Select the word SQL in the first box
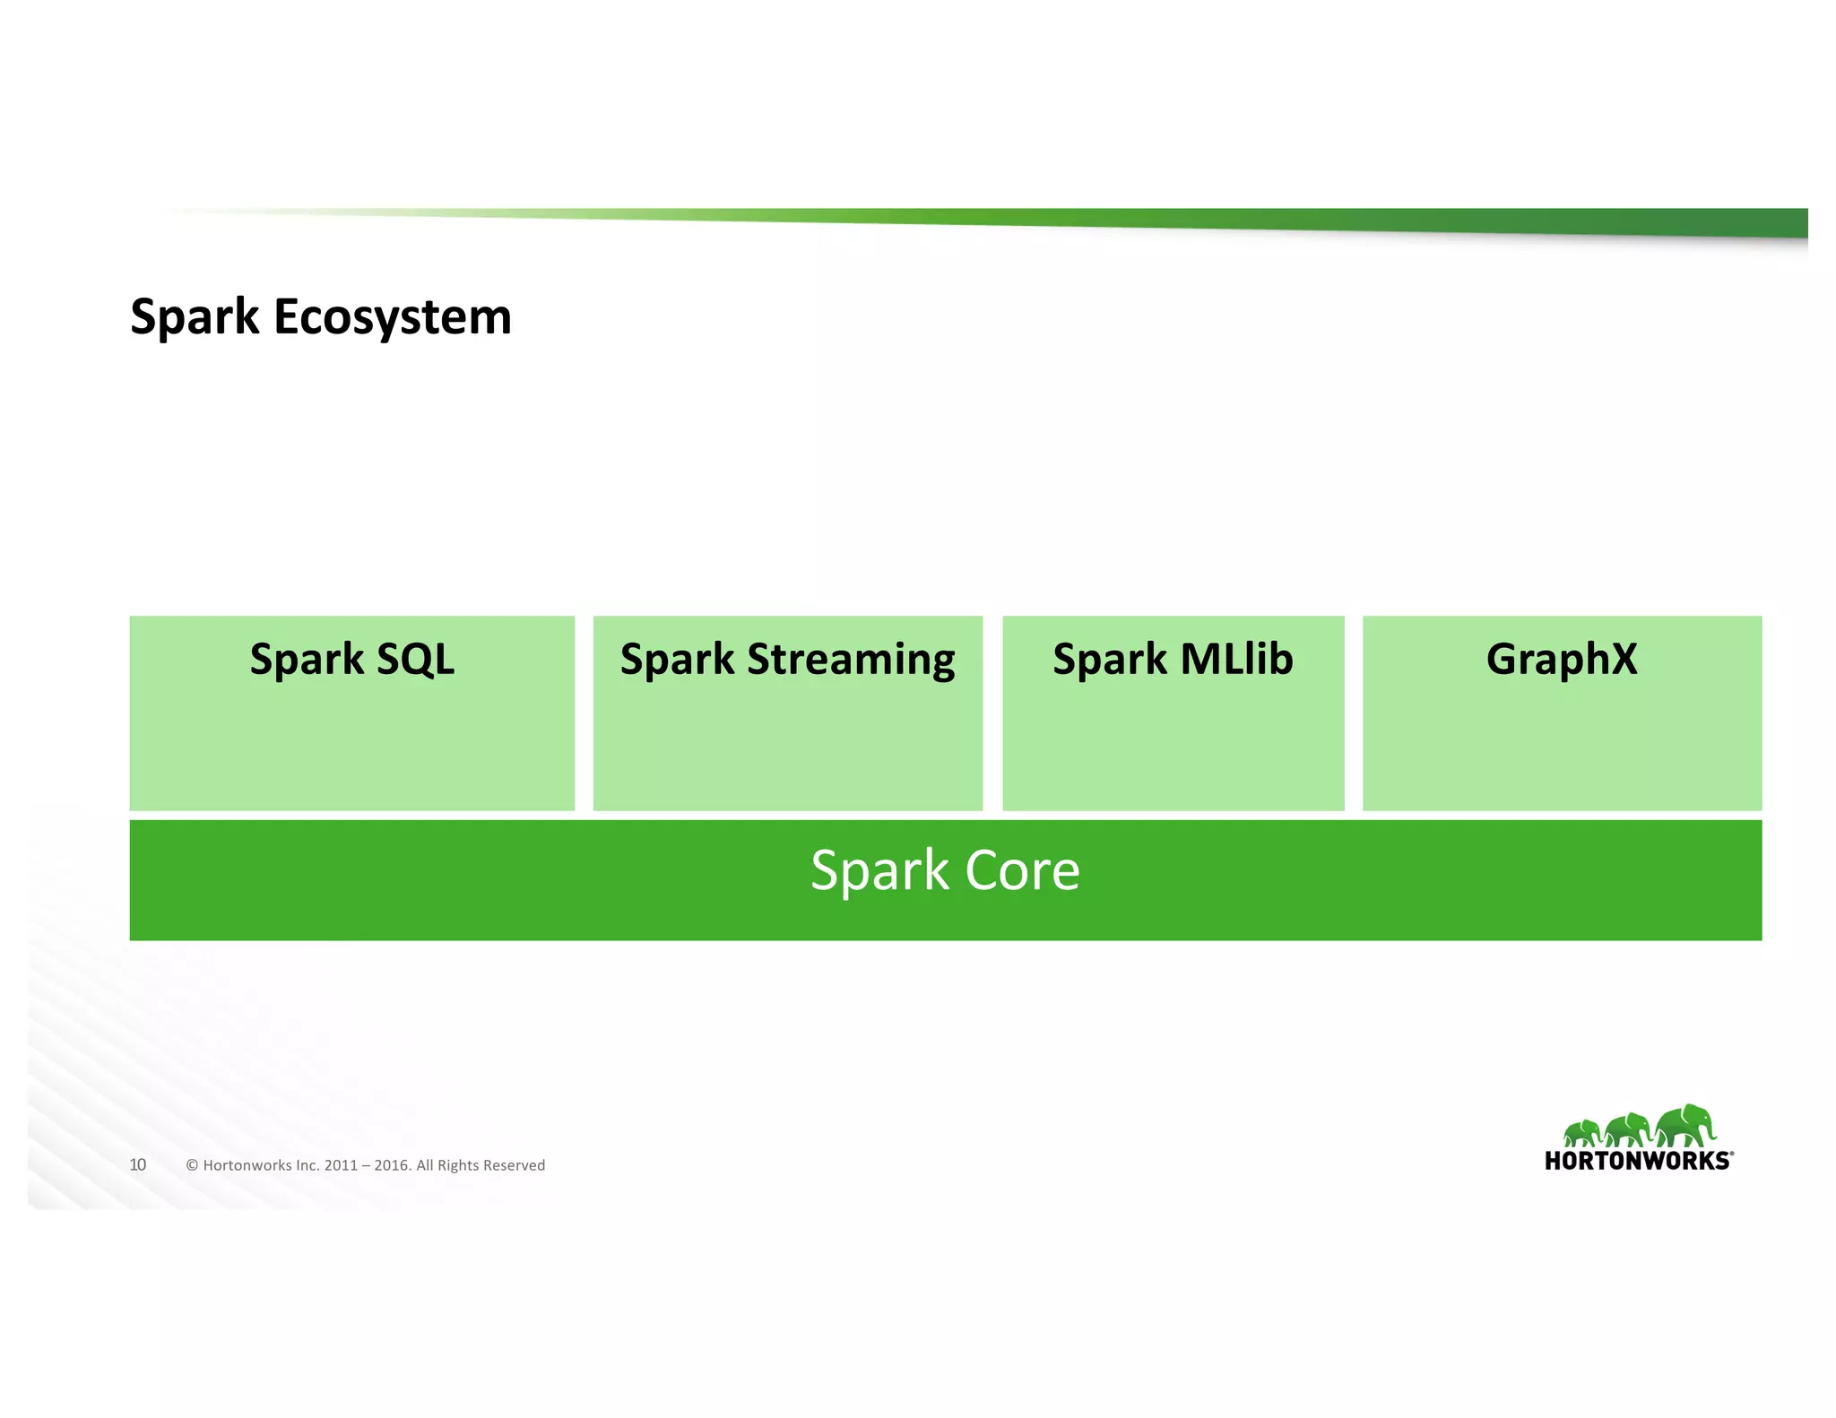pyautogui.click(x=415, y=659)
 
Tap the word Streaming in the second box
pyautogui.click(x=851, y=661)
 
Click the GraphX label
pyautogui.click(x=1561, y=659)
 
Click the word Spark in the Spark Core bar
pyautogui.click(x=879, y=872)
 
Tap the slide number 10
pyautogui.click(x=137, y=1164)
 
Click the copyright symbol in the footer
pyautogui.click(x=192, y=1165)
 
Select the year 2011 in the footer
pyautogui.click(x=341, y=1165)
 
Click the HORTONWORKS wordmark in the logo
pyautogui.click(x=1637, y=1161)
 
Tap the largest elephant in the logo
pyautogui.click(x=1685, y=1125)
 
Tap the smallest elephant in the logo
pyautogui.click(x=1582, y=1133)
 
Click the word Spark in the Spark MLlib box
pyautogui.click(x=1109, y=661)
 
